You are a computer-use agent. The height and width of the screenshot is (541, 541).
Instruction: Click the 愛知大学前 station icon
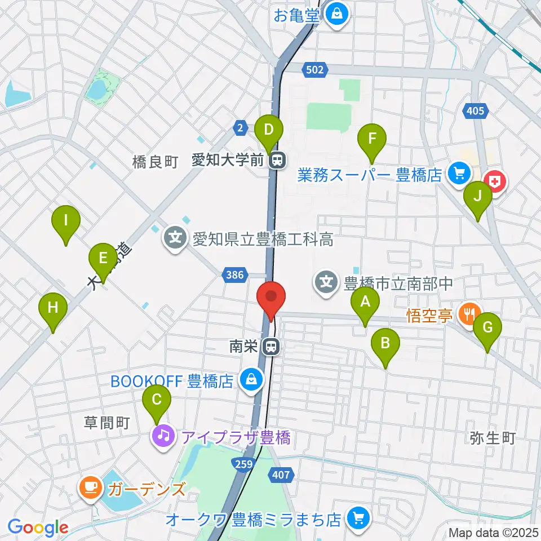pyautogui.click(x=277, y=161)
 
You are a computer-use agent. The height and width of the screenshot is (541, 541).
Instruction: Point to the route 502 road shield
pyautogui.click(x=315, y=70)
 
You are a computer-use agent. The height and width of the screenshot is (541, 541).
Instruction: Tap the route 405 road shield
pyautogui.click(x=476, y=111)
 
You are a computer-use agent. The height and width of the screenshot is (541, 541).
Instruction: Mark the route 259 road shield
pyautogui.click(x=243, y=462)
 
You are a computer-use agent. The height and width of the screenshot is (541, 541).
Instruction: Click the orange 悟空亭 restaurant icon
pyautogui.click(x=468, y=313)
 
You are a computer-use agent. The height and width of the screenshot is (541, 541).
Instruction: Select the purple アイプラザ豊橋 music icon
pyautogui.click(x=163, y=436)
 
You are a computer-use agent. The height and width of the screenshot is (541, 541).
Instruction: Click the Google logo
pyautogui.click(x=38, y=527)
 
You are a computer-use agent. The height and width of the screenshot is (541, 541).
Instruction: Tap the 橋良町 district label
pyautogui.click(x=155, y=162)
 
